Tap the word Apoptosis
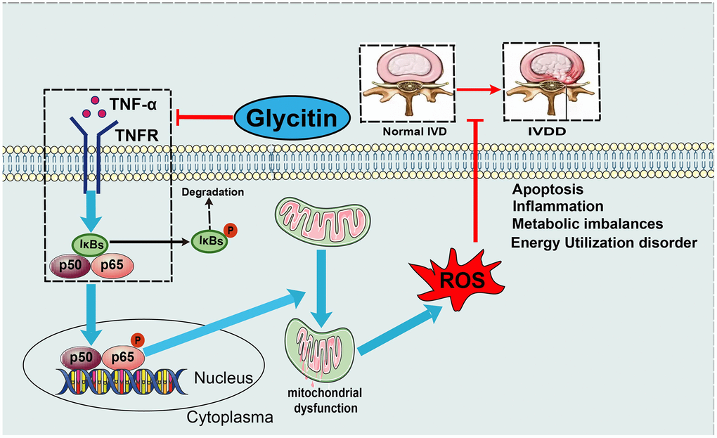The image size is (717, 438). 548,190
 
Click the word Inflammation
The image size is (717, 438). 557,207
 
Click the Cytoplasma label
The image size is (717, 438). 229,418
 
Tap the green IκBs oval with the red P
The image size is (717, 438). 209,240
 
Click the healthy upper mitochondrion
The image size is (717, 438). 322,219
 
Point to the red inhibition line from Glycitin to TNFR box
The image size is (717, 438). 205,115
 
